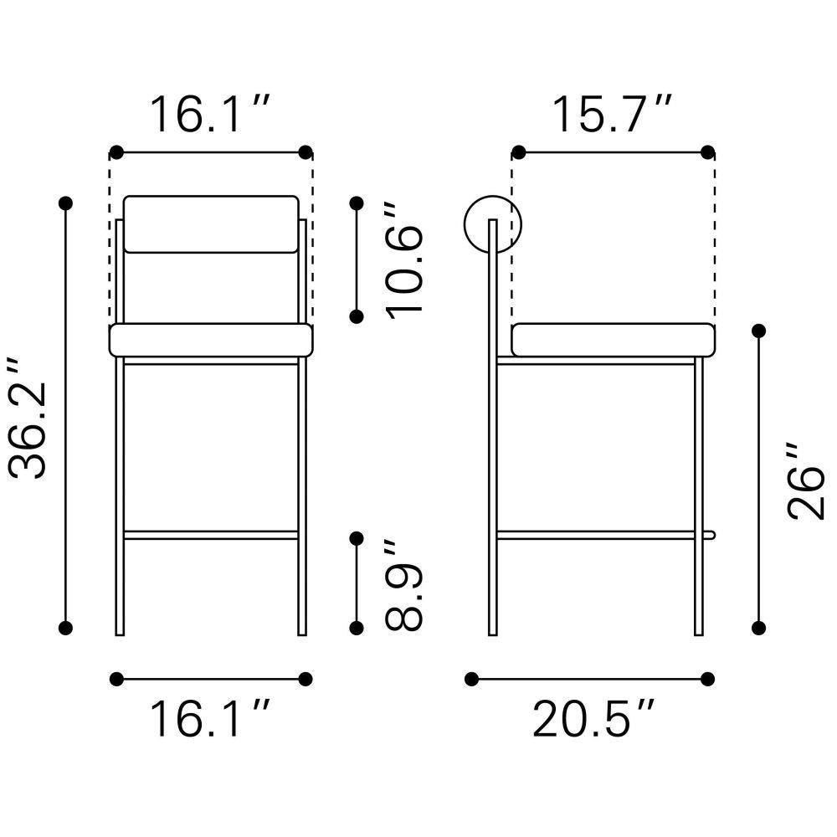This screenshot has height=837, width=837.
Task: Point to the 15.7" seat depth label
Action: pyautogui.click(x=613, y=114)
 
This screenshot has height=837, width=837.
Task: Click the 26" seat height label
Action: pyautogui.click(x=806, y=480)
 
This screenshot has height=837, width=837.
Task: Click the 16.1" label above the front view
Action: pyautogui.click(x=211, y=114)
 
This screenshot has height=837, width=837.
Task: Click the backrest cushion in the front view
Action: pyautogui.click(x=211, y=224)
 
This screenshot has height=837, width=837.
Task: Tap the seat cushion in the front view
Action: pyautogui.click(x=211, y=340)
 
